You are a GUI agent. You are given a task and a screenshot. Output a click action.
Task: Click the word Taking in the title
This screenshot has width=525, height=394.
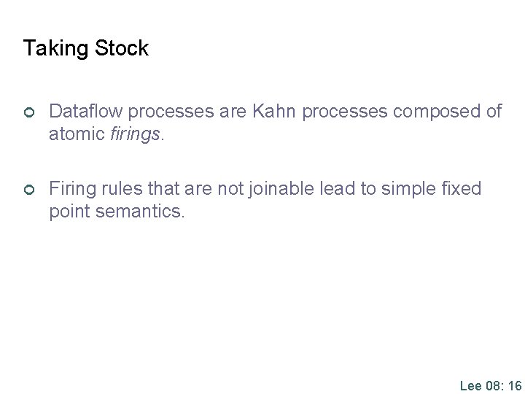50,49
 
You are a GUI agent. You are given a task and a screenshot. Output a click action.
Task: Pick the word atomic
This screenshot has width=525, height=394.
77,135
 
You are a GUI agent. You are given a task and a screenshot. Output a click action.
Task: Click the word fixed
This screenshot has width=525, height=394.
463,189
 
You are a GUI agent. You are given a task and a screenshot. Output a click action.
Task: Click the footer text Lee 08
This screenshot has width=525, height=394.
478,385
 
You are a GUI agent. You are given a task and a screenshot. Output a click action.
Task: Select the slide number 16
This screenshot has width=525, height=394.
513,385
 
